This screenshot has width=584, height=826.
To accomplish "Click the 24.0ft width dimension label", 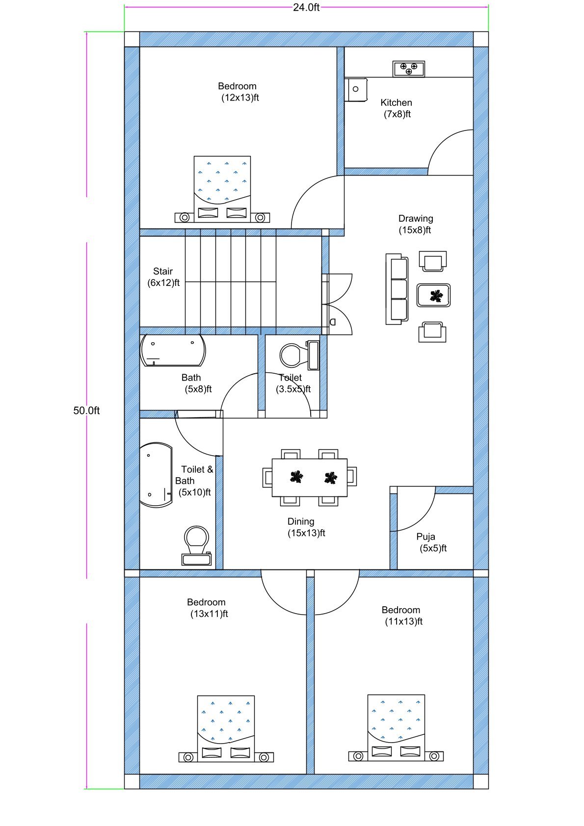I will point(306,7).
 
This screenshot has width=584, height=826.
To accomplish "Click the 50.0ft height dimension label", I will point(86,411).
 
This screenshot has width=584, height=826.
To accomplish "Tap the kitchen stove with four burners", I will point(409,69).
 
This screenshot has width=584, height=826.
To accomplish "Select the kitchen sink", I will point(356,89).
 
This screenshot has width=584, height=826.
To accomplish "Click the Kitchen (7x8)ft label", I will point(397,108).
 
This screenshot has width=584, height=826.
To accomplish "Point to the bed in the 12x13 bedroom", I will point(222,189).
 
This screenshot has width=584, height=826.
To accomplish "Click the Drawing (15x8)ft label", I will point(415,224).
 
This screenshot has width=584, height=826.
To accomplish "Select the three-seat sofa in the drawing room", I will point(397,288).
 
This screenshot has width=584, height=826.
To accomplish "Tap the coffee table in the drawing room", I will point(434,295).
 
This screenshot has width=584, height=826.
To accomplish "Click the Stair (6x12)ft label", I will point(163,277).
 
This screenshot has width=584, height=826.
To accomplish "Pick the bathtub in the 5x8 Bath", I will point(173,350).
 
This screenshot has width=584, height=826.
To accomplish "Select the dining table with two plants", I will point(310,477).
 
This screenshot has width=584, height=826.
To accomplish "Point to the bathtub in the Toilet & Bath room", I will point(156,475).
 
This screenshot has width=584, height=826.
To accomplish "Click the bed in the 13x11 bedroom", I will point(226,728).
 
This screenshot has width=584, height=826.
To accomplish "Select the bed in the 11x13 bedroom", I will point(396,727).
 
